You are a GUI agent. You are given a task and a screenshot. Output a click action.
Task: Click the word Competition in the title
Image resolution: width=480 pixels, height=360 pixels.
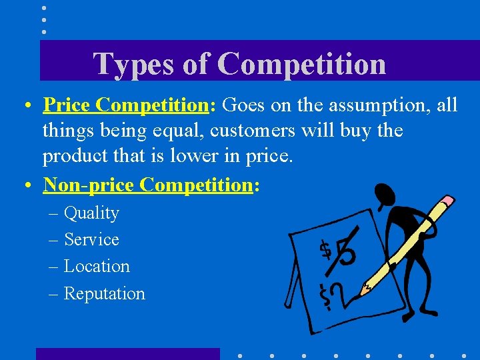coord(301,65)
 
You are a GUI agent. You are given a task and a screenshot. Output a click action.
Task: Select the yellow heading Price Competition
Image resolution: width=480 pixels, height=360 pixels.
coord(126,105)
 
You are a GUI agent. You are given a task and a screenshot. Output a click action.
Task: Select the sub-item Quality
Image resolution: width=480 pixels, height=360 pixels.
coord(91,213)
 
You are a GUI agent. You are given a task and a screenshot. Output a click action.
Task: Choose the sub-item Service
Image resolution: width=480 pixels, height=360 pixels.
coord(91,239)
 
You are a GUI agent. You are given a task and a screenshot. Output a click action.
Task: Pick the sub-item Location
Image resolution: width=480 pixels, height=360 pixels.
coord(97,266)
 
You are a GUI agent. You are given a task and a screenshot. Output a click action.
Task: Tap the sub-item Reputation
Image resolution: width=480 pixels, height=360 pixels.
coord(104,293)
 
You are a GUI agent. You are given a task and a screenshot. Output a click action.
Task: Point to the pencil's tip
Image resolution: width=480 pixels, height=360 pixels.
coord(361,291)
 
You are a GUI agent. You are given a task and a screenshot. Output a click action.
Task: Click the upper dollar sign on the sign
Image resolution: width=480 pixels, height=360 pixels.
coord(325,249)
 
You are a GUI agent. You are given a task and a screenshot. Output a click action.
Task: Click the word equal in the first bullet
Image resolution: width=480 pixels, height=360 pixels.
coord(150,131)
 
